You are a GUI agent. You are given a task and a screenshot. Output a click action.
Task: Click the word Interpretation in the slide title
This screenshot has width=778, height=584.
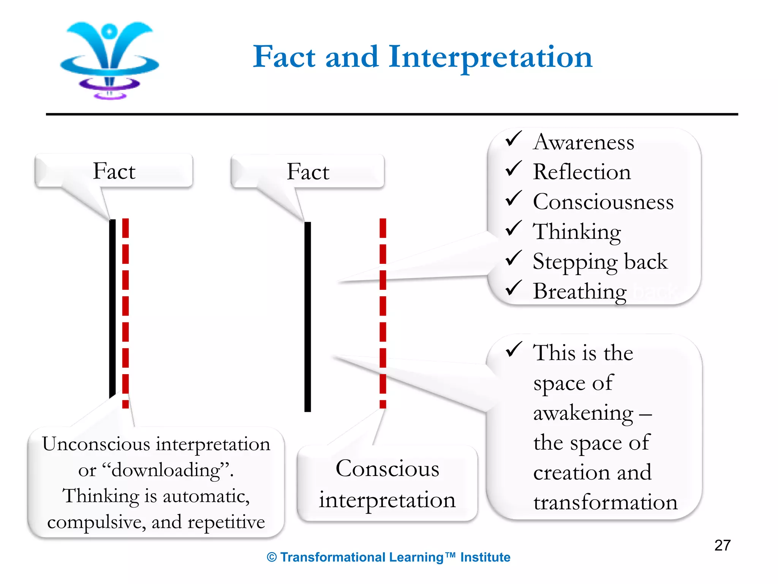pyautogui.click(x=490, y=57)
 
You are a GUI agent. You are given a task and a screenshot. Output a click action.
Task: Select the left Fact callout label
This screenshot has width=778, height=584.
pyautogui.click(x=114, y=171)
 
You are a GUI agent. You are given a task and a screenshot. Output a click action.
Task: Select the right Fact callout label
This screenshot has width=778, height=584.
pyautogui.click(x=308, y=171)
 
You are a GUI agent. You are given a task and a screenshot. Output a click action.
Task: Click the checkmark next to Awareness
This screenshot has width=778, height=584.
pyautogui.click(x=513, y=139)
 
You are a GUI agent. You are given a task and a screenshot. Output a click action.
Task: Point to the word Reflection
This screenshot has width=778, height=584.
pyautogui.click(x=582, y=172)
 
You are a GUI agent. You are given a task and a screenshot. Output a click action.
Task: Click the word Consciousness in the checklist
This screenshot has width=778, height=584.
pyautogui.click(x=603, y=202)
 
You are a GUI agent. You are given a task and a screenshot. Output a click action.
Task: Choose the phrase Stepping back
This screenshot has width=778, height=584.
pyautogui.click(x=600, y=262)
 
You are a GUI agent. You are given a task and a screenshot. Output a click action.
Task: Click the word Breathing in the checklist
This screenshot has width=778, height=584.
pyautogui.click(x=579, y=292)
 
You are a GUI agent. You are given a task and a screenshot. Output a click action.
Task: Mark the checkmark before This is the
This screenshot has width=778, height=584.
pyautogui.click(x=513, y=349)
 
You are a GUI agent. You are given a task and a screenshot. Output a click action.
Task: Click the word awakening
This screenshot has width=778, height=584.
pyautogui.click(x=583, y=413)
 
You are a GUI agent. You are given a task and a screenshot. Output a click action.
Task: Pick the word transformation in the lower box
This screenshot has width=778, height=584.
pyautogui.click(x=605, y=502)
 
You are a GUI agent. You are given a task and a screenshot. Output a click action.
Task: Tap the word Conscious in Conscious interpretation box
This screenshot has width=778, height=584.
pyautogui.click(x=387, y=468)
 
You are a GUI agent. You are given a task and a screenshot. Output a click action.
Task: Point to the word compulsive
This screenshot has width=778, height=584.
pyautogui.click(x=96, y=522)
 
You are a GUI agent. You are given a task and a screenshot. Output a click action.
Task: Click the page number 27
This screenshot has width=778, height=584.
pyautogui.click(x=722, y=545)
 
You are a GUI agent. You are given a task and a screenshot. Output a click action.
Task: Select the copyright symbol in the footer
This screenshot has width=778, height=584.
pyautogui.click(x=272, y=557)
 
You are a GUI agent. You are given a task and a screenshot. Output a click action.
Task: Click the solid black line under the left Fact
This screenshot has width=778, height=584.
pyautogui.click(x=112, y=308)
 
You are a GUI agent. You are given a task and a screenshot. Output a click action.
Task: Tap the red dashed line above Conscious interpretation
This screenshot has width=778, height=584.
pyautogui.click(x=383, y=312)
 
